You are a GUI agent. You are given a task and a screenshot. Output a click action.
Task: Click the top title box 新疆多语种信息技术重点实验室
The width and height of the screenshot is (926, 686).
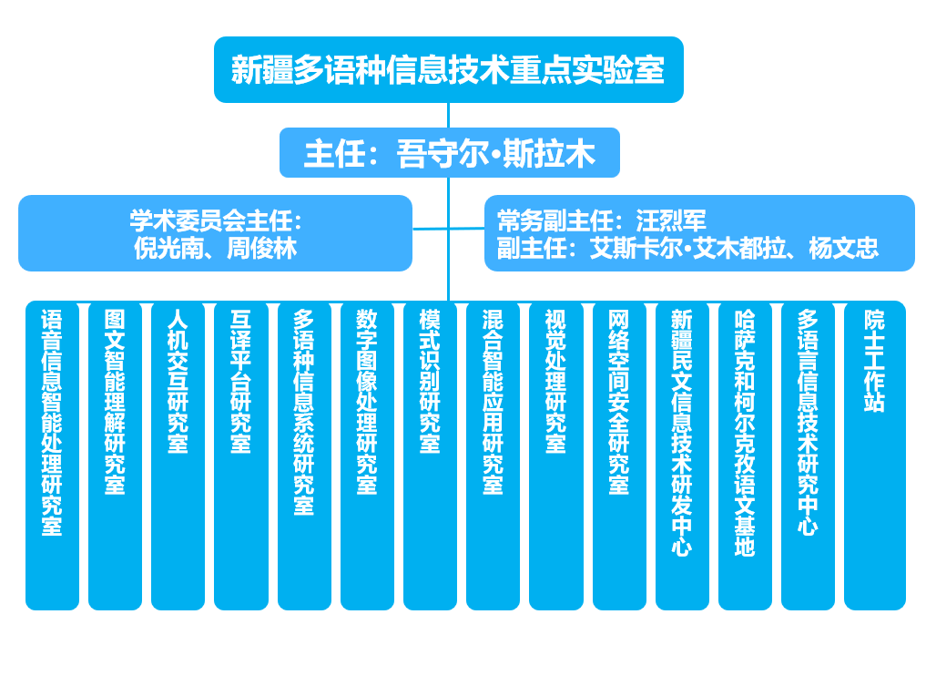(x=448, y=70)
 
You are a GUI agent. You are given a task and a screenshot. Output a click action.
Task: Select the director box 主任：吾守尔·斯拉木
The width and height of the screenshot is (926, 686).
(x=450, y=152)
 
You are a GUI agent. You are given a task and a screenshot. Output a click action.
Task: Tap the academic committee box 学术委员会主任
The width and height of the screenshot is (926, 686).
(x=215, y=233)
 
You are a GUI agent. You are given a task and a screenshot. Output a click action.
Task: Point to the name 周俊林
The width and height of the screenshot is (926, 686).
(x=261, y=248)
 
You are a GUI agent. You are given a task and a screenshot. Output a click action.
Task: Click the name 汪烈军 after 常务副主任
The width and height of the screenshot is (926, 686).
(x=671, y=221)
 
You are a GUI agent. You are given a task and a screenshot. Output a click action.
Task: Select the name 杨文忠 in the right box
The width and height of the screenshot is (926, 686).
(x=844, y=248)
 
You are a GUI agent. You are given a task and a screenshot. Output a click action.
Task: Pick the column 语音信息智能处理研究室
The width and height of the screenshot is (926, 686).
(x=52, y=456)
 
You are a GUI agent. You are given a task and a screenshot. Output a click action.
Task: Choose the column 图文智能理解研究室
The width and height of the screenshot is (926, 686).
(x=115, y=456)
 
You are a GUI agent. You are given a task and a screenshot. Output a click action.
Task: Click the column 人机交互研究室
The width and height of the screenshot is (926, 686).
(x=178, y=456)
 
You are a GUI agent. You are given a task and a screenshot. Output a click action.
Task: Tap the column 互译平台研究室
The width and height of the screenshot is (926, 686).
(x=241, y=456)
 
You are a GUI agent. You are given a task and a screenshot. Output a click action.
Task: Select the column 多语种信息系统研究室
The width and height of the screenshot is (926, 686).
(x=304, y=456)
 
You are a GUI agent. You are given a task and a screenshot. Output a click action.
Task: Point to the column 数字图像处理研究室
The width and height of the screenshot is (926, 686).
(x=367, y=456)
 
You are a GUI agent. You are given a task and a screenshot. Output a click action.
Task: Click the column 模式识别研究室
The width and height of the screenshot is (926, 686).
(x=430, y=456)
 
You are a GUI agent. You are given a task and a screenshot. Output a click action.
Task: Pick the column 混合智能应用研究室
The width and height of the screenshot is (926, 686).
(x=494, y=456)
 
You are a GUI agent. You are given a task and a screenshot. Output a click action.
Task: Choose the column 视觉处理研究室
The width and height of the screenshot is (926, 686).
(x=556, y=456)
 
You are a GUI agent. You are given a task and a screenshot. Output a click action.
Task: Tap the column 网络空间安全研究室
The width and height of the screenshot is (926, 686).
(x=619, y=456)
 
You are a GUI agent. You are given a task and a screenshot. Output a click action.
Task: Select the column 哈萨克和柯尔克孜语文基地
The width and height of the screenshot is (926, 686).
(x=746, y=456)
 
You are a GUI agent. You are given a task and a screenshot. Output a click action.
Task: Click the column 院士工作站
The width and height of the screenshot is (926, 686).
(x=875, y=456)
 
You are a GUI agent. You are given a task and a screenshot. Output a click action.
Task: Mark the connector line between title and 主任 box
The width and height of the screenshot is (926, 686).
(x=448, y=115)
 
